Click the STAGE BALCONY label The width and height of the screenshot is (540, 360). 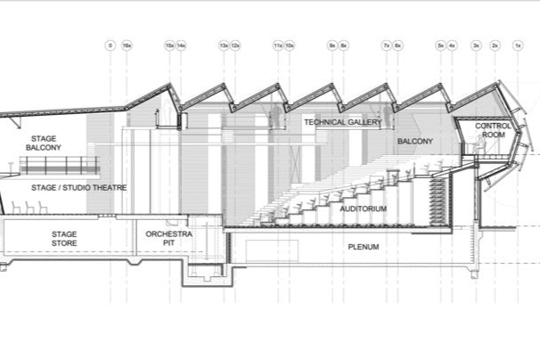tap(44, 143)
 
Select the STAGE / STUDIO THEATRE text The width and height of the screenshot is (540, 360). tap(78, 188)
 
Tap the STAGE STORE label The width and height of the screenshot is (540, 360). tap(63, 239)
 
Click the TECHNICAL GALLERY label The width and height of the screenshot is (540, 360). tap(343, 122)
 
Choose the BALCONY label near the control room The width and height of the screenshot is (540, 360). tap(414, 142)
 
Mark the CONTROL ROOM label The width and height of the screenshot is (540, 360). tap(493, 131)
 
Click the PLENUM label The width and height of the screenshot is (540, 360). tap(364, 247)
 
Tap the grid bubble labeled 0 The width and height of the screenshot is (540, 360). tap(110, 44)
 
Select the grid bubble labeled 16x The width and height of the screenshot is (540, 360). tap(126, 44)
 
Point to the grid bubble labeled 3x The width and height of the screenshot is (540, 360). tap(476, 44)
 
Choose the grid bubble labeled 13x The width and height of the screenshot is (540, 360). tap(224, 44)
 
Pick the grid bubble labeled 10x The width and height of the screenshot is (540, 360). tap(290, 44)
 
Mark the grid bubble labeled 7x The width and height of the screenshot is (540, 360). tap(386, 44)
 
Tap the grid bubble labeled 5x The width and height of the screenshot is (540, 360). tap(440, 44)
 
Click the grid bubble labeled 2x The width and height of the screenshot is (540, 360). tap(495, 44)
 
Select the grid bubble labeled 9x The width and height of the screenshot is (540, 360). tap(331, 44)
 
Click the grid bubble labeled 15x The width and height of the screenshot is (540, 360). tap(169, 44)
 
